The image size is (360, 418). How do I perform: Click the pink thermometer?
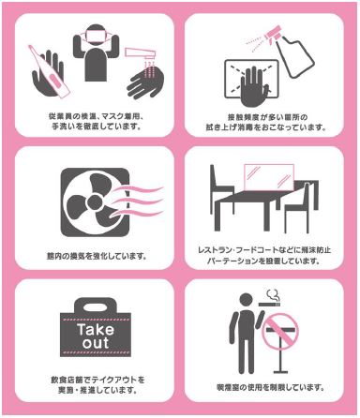(49, 72)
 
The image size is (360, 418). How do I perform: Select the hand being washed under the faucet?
(144, 82)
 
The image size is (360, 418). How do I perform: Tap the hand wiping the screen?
(253, 86)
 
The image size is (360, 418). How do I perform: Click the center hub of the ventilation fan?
(95, 202)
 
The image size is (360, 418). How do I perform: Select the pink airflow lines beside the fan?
(137, 201)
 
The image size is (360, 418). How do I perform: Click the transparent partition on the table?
(269, 178)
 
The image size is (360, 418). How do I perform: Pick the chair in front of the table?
(297, 210)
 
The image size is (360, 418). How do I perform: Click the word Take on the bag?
(96, 330)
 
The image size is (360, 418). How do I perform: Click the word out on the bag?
(96, 343)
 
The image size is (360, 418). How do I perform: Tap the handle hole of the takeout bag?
(96, 307)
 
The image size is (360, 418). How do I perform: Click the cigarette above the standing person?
(269, 304)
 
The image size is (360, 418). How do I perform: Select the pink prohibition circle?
(280, 331)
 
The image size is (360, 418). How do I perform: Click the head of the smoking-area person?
(246, 300)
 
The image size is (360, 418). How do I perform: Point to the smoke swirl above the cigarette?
(273, 294)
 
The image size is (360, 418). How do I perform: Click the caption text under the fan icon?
(97, 257)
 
